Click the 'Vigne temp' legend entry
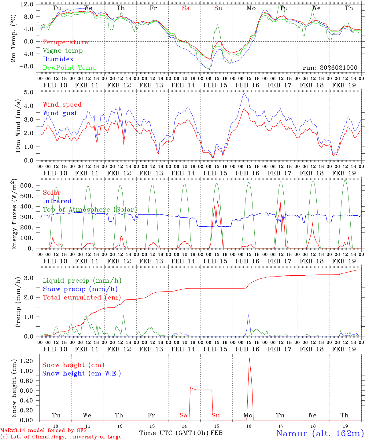[x=63, y=51]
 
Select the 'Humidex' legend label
[x=58, y=59]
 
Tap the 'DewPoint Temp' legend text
[x=70, y=68]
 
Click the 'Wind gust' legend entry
[x=60, y=113]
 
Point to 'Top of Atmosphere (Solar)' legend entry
[x=90, y=210]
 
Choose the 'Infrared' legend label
[x=57, y=201]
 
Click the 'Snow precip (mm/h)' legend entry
[x=80, y=289]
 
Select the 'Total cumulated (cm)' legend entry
[x=82, y=298]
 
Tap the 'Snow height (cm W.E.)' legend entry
[x=82, y=373]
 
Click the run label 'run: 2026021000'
[x=330, y=68]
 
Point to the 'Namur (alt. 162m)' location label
[x=320, y=433]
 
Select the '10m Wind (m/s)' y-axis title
[x=18, y=126]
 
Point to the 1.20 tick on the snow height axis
[x=30, y=361]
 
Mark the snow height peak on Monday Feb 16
[x=249, y=358]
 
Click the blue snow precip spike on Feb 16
[x=248, y=314]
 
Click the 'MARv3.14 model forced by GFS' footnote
[x=43, y=431]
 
